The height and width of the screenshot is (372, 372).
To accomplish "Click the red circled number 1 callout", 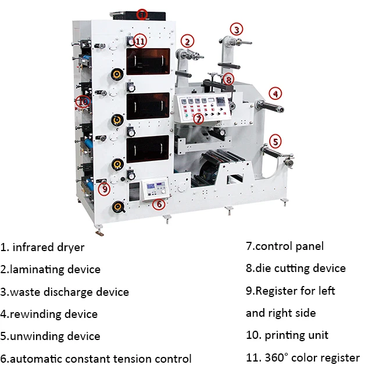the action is (x=142, y=15).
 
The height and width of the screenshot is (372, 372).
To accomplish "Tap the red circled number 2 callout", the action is (x=187, y=41).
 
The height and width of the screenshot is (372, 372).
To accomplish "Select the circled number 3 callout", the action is (x=237, y=30).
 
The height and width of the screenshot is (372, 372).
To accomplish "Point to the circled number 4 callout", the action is (x=275, y=94).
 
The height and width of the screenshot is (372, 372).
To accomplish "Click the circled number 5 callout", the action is (x=275, y=142).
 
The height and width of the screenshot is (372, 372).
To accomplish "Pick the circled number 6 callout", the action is (x=159, y=204).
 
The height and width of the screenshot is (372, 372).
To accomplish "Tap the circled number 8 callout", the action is (x=228, y=79).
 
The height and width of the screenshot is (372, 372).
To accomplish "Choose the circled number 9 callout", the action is (x=105, y=189).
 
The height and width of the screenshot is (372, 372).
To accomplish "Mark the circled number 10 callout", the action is (x=83, y=102).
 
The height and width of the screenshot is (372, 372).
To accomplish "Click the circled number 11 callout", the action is (x=140, y=41).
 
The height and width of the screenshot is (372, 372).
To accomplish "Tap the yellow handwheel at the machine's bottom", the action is (x=118, y=207).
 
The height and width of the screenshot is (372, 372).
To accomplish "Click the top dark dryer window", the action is (x=148, y=61).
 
